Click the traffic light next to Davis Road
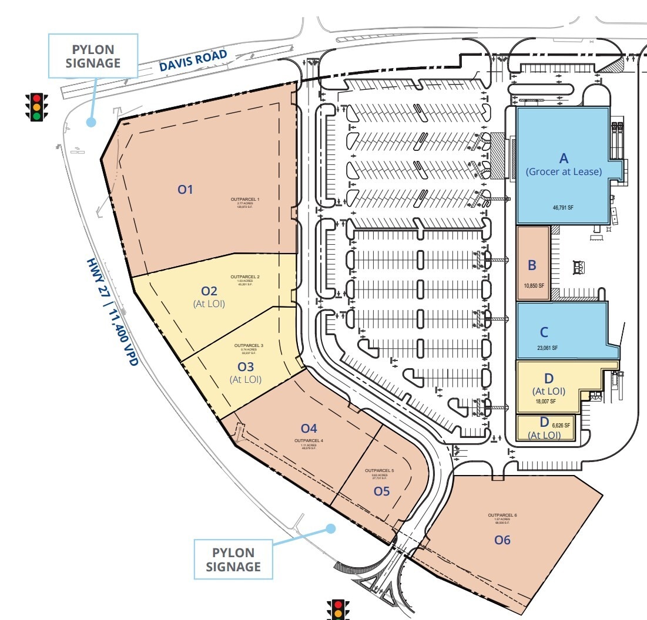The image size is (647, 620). tap(36, 107)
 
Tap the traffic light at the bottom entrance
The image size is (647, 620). tap(337, 609)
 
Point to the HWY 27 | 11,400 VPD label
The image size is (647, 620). tap(112, 312)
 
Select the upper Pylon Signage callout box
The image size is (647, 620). tap(92, 56)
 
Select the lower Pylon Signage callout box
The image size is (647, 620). tap(233, 560)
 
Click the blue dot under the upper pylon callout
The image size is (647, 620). tap(90, 122)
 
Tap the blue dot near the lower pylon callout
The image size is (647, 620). tap(331, 528)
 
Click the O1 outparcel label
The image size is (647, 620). tap(186, 189)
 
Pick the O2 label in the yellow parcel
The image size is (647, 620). tap(209, 291)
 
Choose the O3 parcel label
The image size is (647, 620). tap(245, 367)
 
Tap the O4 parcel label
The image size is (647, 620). tap(309, 428)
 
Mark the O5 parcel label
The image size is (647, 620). tap(382, 491)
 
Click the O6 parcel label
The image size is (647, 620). tap(502, 540)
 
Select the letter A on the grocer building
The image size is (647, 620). tap(564, 158)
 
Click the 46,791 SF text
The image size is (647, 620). tap(564, 207)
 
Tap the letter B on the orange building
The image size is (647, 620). tap(532, 265)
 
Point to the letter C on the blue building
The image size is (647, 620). tap(544, 332)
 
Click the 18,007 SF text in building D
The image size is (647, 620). tap(546, 402)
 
